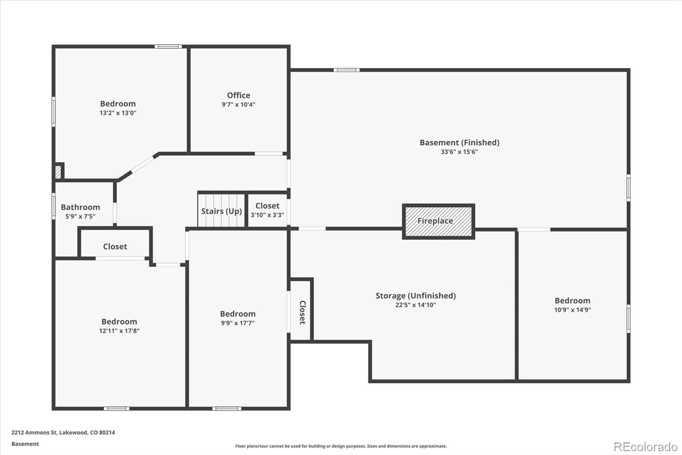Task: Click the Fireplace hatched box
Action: (438, 221)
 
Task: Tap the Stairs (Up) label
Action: (221, 211)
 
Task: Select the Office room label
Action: (238, 96)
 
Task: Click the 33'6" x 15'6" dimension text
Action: (459, 152)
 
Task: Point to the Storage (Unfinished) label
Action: (415, 296)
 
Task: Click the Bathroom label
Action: (80, 207)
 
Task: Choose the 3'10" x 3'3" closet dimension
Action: (267, 215)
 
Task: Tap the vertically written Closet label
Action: (302, 312)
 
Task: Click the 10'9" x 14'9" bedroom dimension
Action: (572, 310)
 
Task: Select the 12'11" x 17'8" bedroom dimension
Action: (119, 331)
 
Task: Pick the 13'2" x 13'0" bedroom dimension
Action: (118, 113)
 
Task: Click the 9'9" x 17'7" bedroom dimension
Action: (237, 323)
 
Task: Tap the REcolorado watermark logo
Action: (645, 447)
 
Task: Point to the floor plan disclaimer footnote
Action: (341, 446)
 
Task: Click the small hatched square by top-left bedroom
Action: (58, 172)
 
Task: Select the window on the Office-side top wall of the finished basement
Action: (346, 70)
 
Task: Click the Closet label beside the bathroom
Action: (115, 247)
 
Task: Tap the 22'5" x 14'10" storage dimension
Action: (415, 305)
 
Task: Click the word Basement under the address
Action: (25, 444)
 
